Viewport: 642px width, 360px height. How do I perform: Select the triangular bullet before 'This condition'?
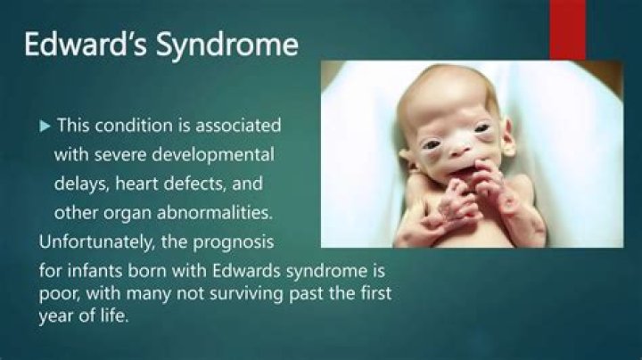point(45,127)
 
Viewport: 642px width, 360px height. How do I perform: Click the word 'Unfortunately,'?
point(99,242)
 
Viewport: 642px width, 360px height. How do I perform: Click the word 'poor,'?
point(62,293)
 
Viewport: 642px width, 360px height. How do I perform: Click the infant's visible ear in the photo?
point(509,138)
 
